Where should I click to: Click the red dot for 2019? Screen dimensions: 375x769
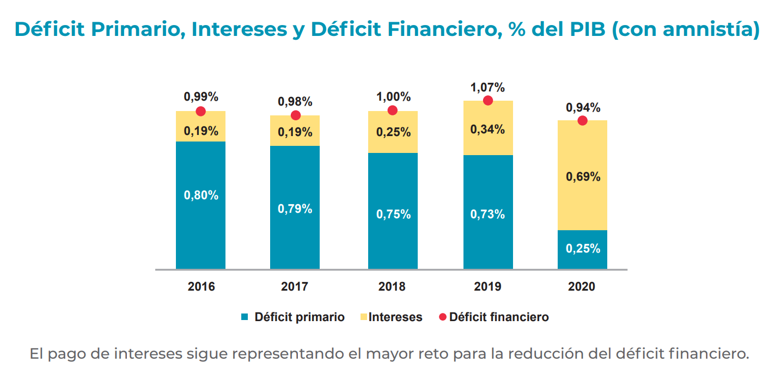(488, 101)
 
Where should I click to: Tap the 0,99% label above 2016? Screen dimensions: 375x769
(201, 97)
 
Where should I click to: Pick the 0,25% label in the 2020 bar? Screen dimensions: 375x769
(583, 249)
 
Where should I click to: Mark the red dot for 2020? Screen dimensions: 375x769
(582, 120)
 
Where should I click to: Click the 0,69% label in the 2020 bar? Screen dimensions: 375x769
(583, 177)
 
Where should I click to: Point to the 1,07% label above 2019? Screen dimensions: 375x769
(487, 87)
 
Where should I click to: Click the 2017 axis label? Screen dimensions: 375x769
(295, 286)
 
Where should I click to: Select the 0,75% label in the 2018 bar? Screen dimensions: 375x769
(393, 214)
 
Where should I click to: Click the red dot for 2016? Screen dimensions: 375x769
(201, 111)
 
